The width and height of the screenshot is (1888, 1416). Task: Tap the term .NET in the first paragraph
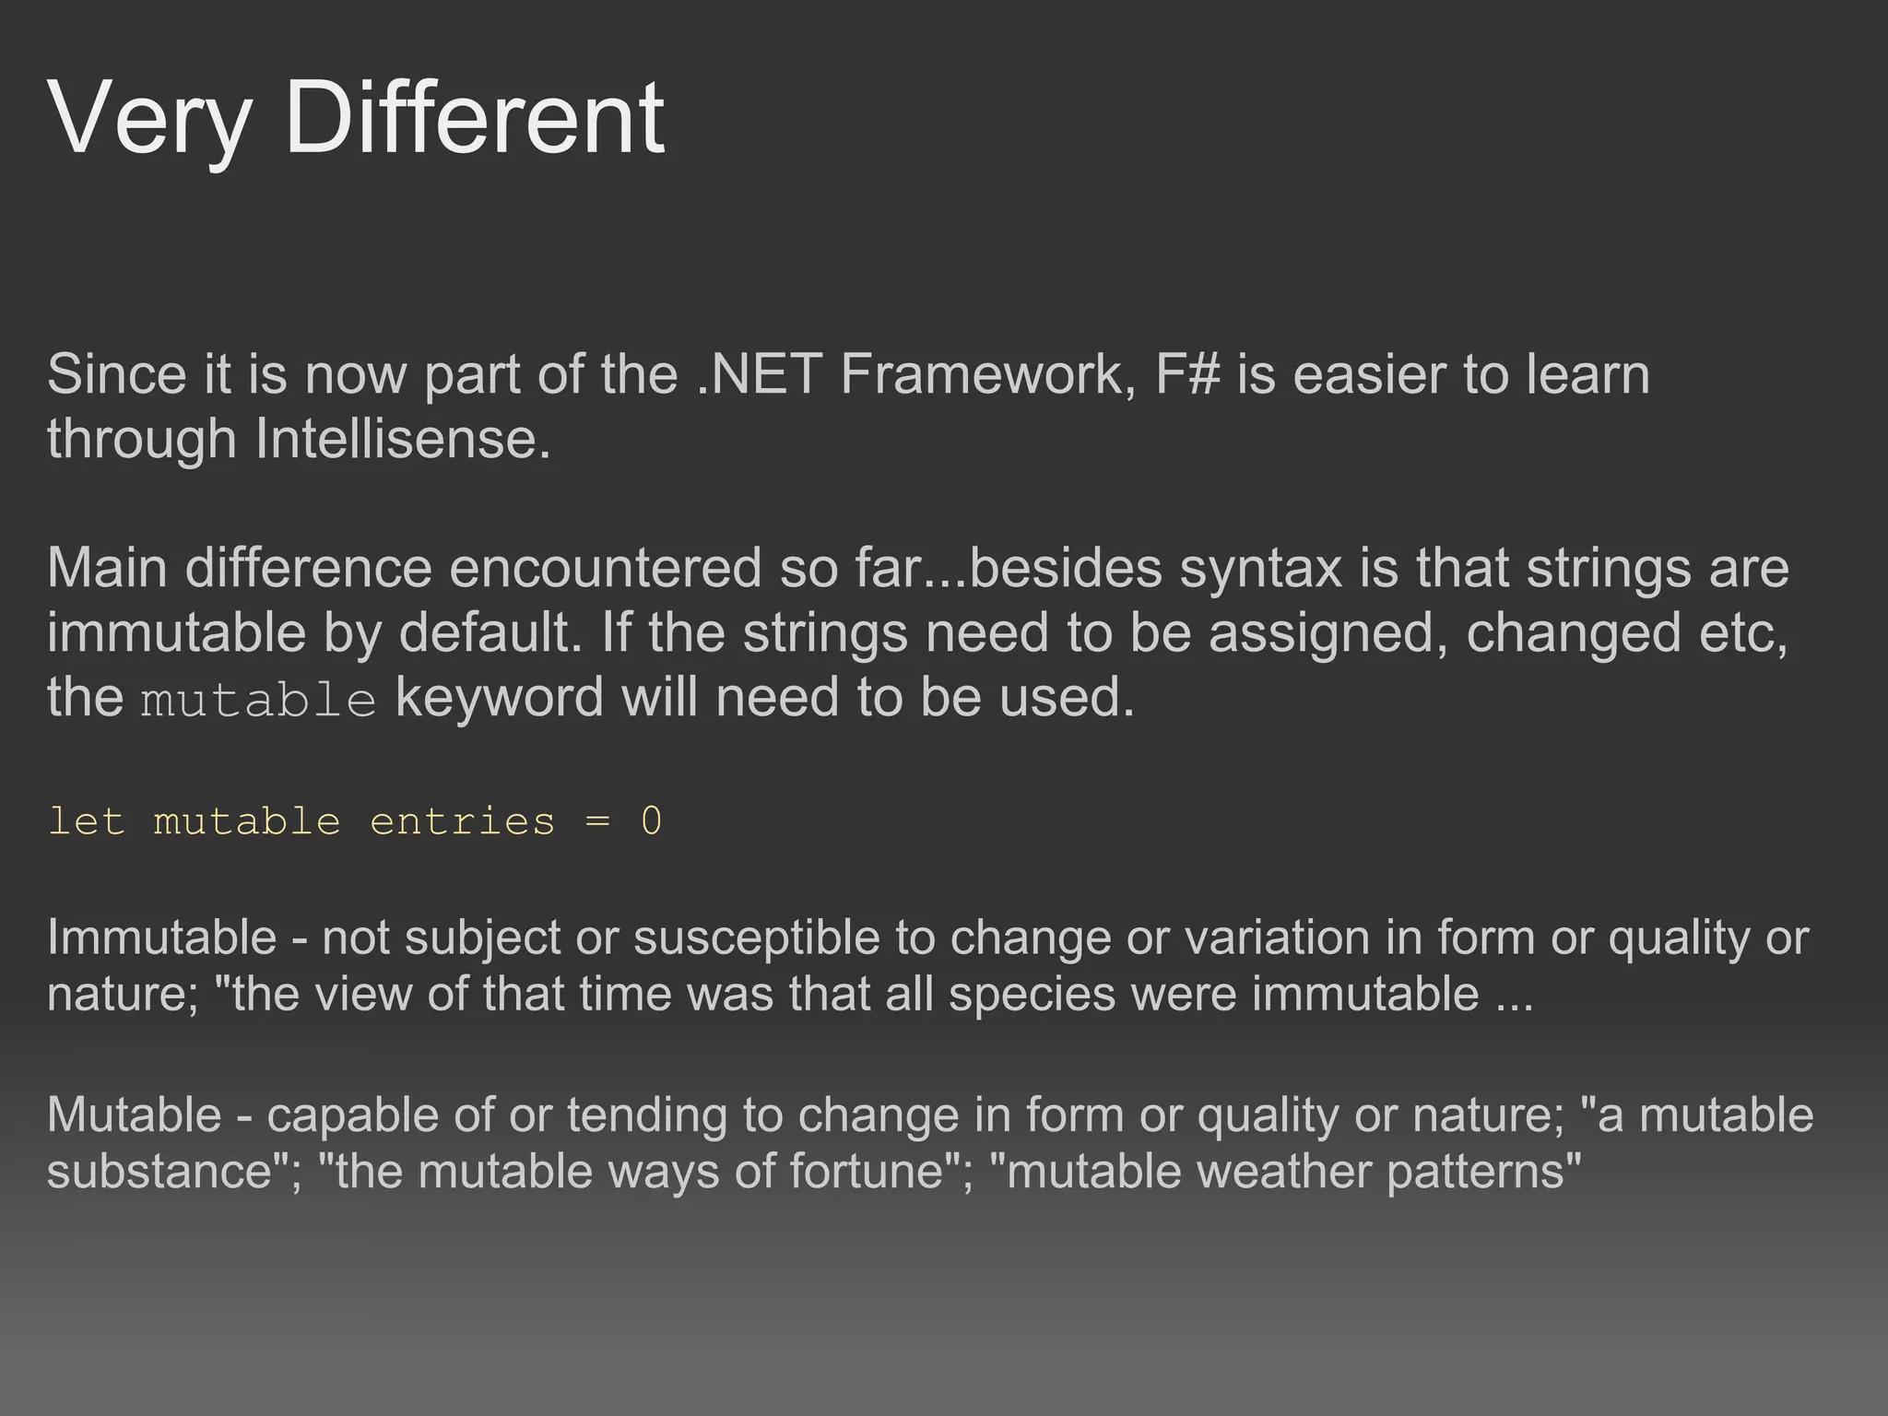click(x=759, y=374)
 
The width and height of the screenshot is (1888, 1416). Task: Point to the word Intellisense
click(x=402, y=438)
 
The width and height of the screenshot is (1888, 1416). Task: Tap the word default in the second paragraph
click(x=490, y=632)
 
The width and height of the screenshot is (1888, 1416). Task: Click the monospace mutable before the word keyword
click(x=258, y=700)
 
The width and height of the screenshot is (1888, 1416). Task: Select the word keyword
click(x=499, y=697)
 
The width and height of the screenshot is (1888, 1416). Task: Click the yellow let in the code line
click(x=86, y=821)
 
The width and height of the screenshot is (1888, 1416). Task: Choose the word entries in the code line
click(x=462, y=821)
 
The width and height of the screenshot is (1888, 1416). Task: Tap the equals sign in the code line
click(x=597, y=821)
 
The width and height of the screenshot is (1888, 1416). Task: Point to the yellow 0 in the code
click(x=651, y=821)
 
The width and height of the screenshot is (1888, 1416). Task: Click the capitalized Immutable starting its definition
click(x=161, y=938)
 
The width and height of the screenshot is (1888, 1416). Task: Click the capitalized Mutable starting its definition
click(x=135, y=1115)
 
